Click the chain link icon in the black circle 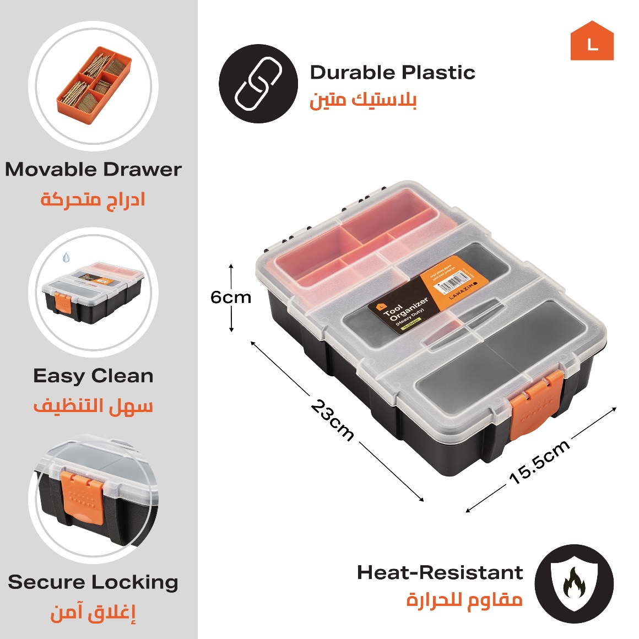click(x=258, y=84)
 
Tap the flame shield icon click(x=574, y=583)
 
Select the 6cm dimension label click(x=231, y=297)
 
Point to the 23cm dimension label click(x=332, y=420)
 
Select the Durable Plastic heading click(x=392, y=73)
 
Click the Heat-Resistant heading click(x=440, y=572)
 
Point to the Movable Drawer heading click(x=93, y=169)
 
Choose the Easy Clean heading click(x=93, y=376)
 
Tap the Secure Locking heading click(x=93, y=582)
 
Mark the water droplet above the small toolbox click(x=66, y=257)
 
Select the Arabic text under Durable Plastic click(x=363, y=100)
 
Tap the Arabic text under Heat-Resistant click(x=464, y=599)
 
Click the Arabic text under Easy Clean click(x=93, y=406)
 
